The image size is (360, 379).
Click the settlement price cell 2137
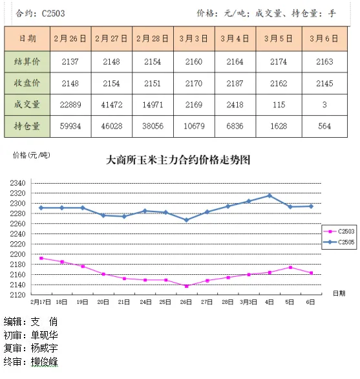[70, 61]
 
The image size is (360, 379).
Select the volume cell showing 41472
[112, 105]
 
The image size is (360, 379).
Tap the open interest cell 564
[324, 126]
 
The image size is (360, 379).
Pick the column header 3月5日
[279, 38]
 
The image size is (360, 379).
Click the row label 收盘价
[26, 83]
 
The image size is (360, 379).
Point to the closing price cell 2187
[235, 83]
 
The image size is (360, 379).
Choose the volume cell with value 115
[279, 105]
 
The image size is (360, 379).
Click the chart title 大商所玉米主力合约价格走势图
[178, 160]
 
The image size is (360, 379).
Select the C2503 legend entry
[339, 232]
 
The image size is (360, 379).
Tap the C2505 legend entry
[339, 242]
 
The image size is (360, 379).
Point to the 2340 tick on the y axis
[17, 183]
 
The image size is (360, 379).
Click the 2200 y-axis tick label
[17, 254]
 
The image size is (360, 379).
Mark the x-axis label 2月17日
[41, 302]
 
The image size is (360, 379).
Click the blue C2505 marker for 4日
[270, 195]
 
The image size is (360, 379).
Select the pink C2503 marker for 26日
[187, 286]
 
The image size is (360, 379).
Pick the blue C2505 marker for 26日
[186, 220]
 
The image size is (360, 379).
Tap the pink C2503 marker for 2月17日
[41, 258]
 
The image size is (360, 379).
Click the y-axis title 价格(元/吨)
[32, 155]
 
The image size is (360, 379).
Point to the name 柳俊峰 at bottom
[44, 362]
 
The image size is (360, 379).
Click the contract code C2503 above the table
[53, 14]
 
